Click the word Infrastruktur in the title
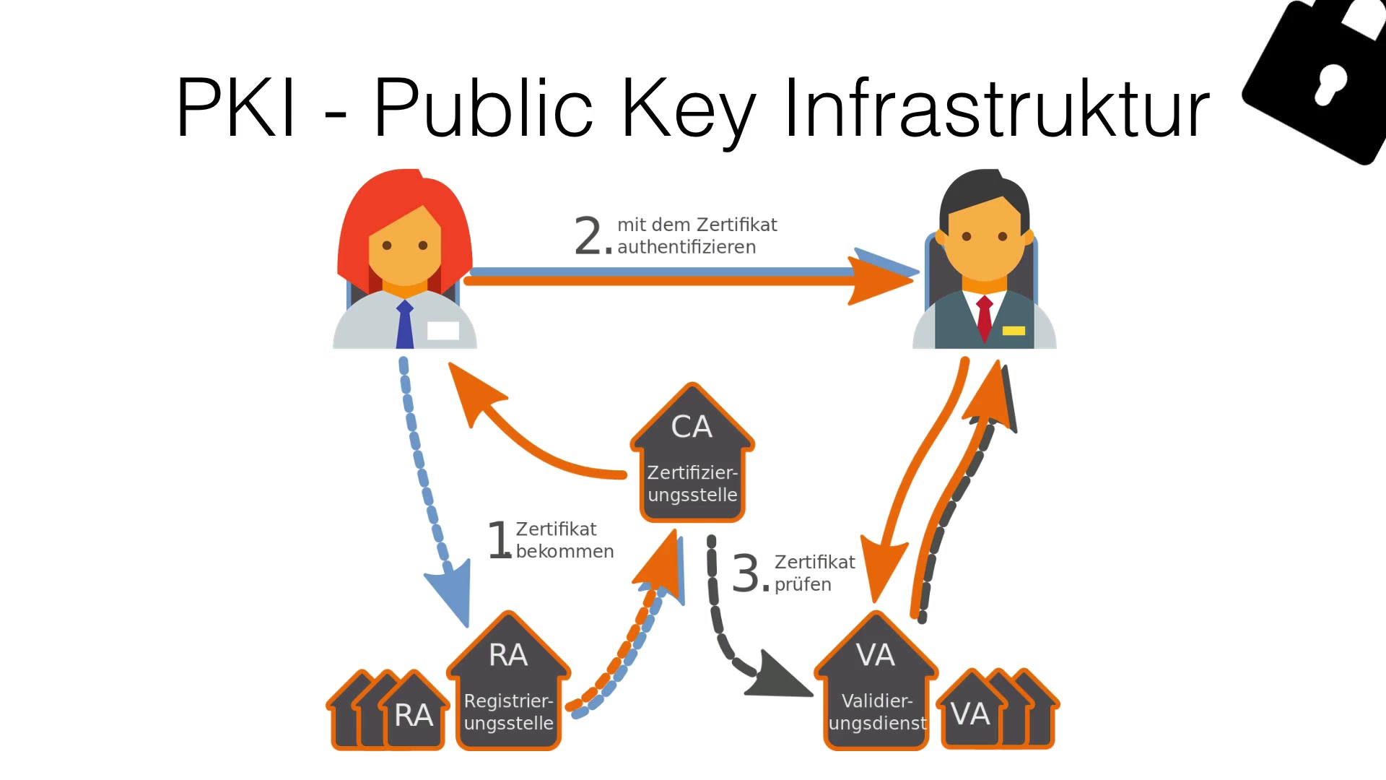click(x=996, y=108)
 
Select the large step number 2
click(x=588, y=236)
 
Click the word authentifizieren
click(x=687, y=247)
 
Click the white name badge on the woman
click(x=443, y=331)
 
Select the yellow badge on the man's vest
click(x=1014, y=331)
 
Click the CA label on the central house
click(x=692, y=427)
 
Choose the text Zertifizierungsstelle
click(x=692, y=484)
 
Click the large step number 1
click(x=500, y=540)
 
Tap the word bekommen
click(x=565, y=552)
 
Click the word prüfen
click(x=803, y=584)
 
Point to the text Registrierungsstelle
click(x=508, y=712)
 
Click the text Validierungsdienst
click(x=877, y=712)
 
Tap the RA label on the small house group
click(x=414, y=716)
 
